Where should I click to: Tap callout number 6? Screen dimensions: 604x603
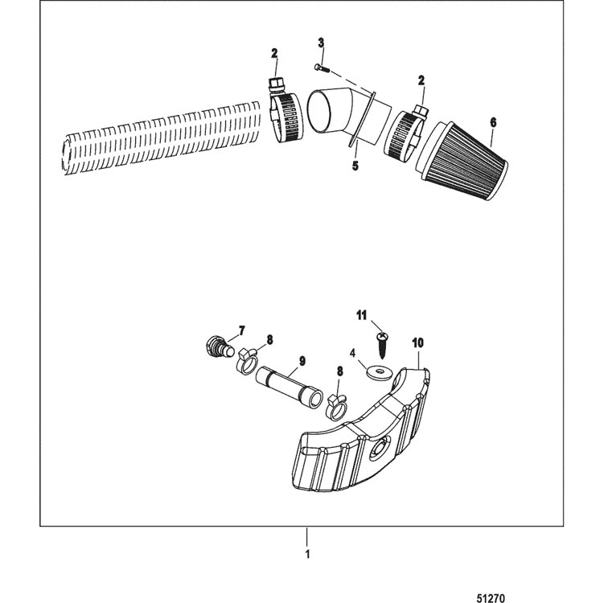tap(493, 122)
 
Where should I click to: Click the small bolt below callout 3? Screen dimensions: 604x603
tap(323, 68)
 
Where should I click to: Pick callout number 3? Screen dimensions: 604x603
tap(321, 43)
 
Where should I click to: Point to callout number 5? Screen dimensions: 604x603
tap(355, 166)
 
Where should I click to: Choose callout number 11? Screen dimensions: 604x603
tap(361, 316)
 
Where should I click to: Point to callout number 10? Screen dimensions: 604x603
tap(417, 343)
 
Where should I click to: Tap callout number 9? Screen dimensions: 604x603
tap(302, 361)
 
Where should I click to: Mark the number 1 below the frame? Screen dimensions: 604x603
tap(307, 555)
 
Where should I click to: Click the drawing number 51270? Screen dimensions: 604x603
tap(491, 598)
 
